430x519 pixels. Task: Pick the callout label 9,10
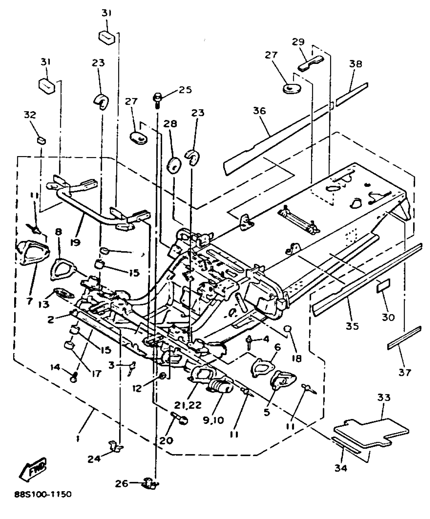tap(213, 420)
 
